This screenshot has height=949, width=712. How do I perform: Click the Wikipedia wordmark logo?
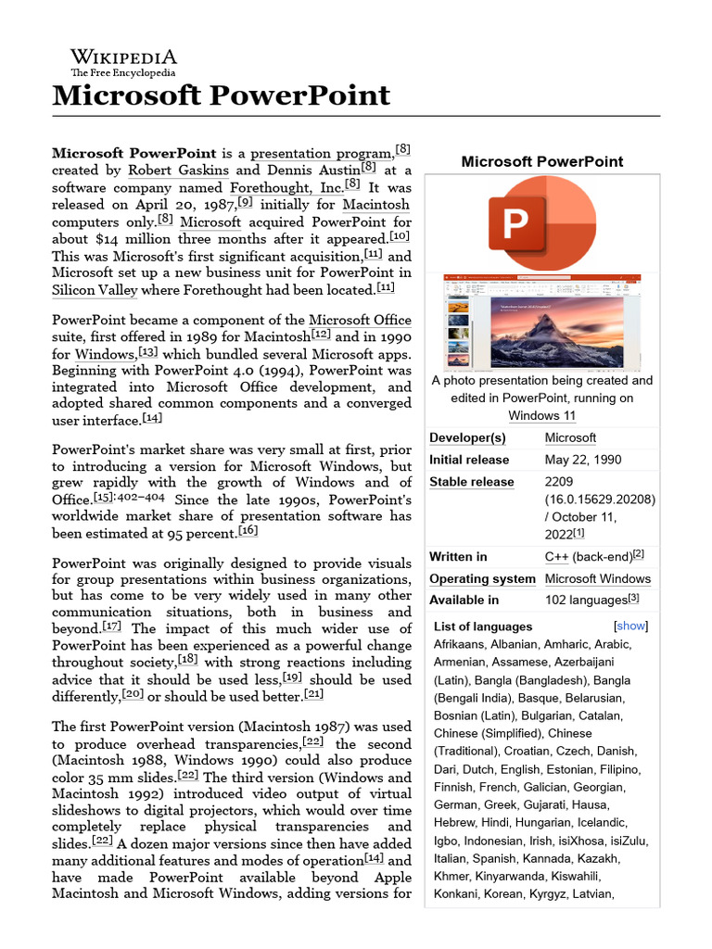pos(123,60)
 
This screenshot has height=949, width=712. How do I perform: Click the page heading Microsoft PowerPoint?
pos(222,95)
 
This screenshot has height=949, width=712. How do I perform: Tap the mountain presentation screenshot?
pos(542,321)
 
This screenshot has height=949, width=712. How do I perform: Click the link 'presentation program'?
pos(322,153)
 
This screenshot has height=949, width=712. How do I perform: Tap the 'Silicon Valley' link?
pos(95,289)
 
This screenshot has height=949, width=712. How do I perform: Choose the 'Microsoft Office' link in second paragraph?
pos(360,321)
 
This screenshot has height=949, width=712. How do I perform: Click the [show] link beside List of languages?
pos(630,626)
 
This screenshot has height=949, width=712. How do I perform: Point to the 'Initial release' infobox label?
pos(469,460)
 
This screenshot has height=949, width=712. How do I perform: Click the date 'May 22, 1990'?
pos(583,460)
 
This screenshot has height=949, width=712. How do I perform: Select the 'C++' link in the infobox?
pos(556,557)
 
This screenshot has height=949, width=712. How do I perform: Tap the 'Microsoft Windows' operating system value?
pos(597,579)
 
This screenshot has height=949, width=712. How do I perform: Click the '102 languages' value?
pos(586,601)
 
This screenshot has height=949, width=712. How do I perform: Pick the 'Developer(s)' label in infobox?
pos(467,437)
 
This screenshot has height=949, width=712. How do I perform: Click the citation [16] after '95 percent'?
pos(248,531)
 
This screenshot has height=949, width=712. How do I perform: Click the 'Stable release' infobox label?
pos(471,482)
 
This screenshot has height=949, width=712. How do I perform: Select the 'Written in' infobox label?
pos(458,557)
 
